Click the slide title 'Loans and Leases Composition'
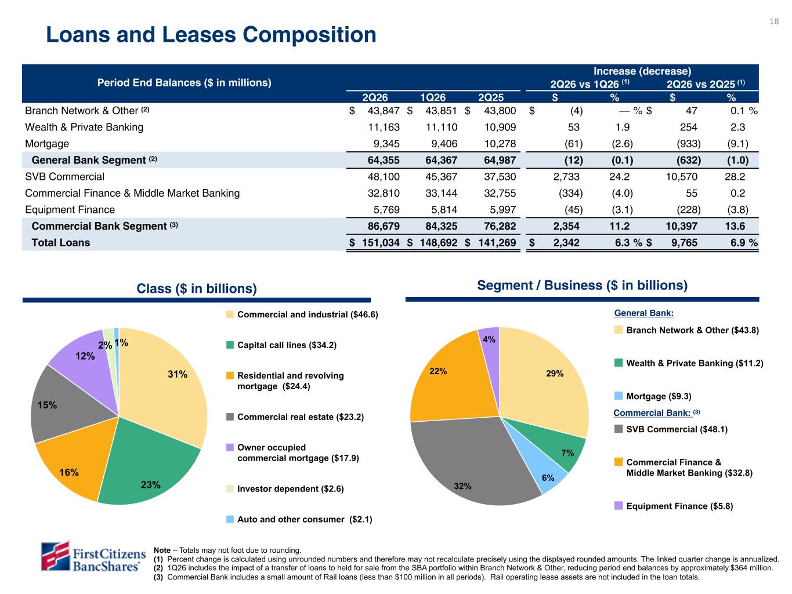(211, 35)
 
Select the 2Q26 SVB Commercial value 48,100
(383, 177)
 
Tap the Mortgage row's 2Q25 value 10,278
(500, 143)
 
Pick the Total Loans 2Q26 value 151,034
(381, 242)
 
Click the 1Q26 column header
(433, 97)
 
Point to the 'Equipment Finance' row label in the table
(70, 209)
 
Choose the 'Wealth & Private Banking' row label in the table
(84, 127)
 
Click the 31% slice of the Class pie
(166, 382)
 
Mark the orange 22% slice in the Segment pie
(455, 382)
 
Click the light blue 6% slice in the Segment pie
(541, 469)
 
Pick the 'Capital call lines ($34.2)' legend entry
(281, 345)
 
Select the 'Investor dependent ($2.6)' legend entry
(285, 488)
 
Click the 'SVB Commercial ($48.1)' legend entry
(671, 429)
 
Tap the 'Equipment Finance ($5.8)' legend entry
(674, 506)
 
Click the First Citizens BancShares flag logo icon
(55, 556)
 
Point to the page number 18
(774, 21)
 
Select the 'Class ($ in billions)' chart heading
(197, 288)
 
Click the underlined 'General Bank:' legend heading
(644, 313)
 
